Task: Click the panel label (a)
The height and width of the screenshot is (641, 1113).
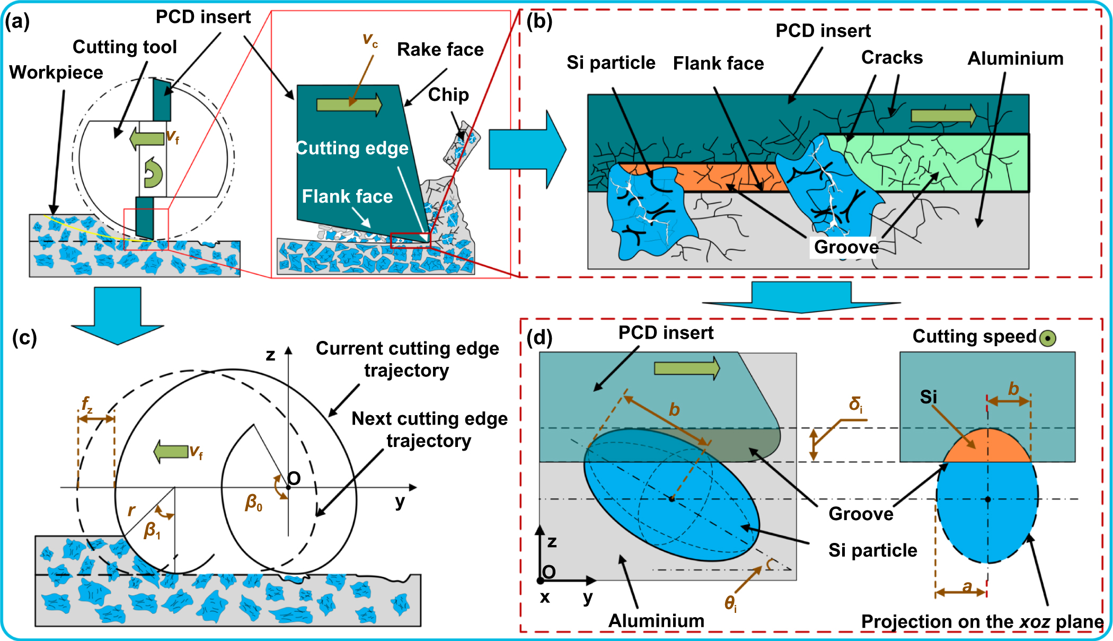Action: pos(17,22)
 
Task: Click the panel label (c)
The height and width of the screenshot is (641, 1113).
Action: pos(24,338)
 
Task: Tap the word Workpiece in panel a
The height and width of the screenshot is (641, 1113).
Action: pos(56,72)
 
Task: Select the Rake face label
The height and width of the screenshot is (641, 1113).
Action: pos(440,49)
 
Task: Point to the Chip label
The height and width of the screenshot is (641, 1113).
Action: pos(448,94)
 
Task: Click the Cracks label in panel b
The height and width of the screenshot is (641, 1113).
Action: pos(891,57)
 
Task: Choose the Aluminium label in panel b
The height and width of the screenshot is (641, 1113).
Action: pos(1015,58)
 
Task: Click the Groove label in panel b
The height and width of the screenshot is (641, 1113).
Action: pos(846,247)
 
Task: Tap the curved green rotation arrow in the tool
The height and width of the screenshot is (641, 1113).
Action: pos(153,173)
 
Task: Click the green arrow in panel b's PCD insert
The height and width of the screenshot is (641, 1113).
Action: pos(944,115)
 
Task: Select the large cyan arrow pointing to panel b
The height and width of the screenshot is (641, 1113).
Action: pos(527,150)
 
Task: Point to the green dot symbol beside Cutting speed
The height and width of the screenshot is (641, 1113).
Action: pos(1047,338)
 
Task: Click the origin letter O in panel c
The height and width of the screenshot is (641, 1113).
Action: pos(294,479)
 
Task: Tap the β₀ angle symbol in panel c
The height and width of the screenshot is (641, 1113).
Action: pos(253,502)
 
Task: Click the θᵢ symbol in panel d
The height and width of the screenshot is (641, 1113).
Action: pos(730,603)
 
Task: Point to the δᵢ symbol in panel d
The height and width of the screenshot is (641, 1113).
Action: pos(855,405)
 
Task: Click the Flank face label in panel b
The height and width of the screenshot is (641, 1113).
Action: pos(718,64)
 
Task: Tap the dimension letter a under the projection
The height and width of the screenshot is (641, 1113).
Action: pos(967,586)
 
